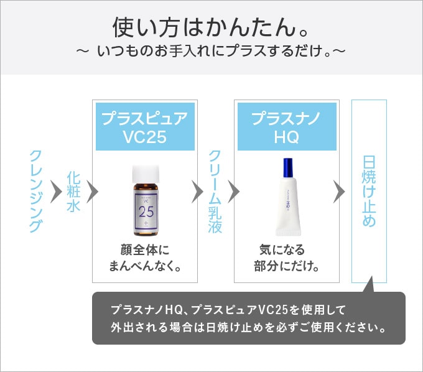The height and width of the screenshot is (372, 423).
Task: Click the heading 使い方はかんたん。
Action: coord(211,27)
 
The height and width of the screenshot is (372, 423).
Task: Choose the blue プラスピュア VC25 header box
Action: coord(144,127)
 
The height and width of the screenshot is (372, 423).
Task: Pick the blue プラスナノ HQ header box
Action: coord(286,127)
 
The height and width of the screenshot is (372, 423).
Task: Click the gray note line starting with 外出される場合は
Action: coord(248,327)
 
